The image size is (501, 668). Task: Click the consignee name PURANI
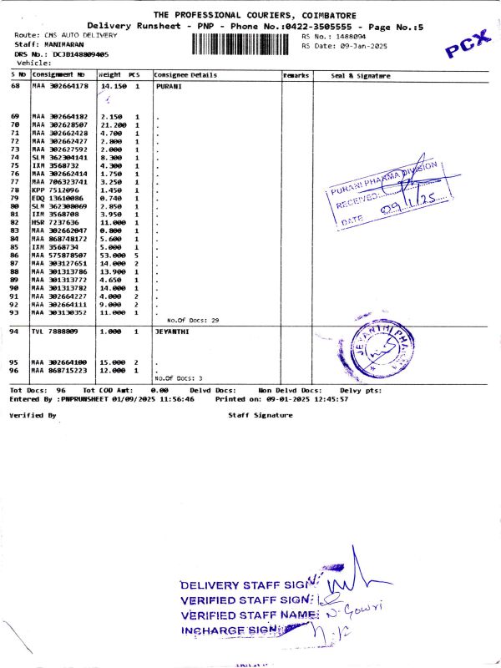(x=170, y=86)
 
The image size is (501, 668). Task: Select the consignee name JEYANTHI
(x=174, y=331)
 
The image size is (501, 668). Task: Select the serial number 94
(x=15, y=331)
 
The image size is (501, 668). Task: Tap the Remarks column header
(x=296, y=75)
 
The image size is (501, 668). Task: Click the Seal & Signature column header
(x=361, y=75)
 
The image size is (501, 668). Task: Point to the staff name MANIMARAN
(x=68, y=43)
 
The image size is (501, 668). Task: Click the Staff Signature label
(x=261, y=415)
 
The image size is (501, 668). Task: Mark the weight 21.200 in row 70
(x=112, y=124)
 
